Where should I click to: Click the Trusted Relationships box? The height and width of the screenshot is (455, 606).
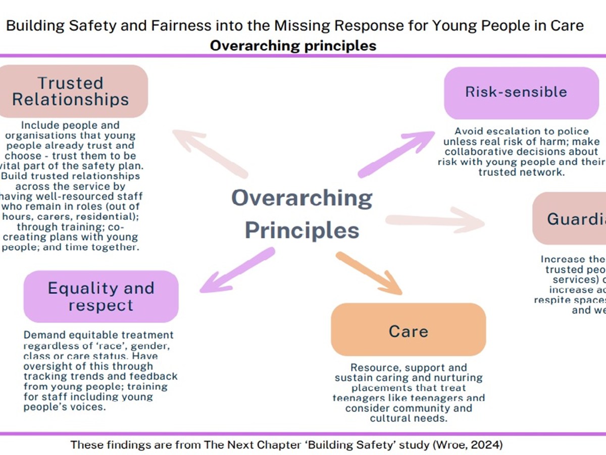[x=71, y=92]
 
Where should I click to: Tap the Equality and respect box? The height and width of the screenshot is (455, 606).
[x=101, y=297]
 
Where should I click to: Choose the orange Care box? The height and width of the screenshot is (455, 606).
[x=408, y=331]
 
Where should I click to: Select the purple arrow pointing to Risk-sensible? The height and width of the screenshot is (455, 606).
[x=396, y=154]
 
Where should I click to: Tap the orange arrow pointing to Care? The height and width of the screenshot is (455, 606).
[x=369, y=273]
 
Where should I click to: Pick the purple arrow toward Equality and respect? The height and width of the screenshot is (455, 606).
[x=237, y=270]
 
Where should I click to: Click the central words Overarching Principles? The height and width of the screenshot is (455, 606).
[x=302, y=214]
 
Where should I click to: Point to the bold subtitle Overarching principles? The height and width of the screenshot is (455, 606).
[x=293, y=45]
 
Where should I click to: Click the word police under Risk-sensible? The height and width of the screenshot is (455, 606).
[x=561, y=132]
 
